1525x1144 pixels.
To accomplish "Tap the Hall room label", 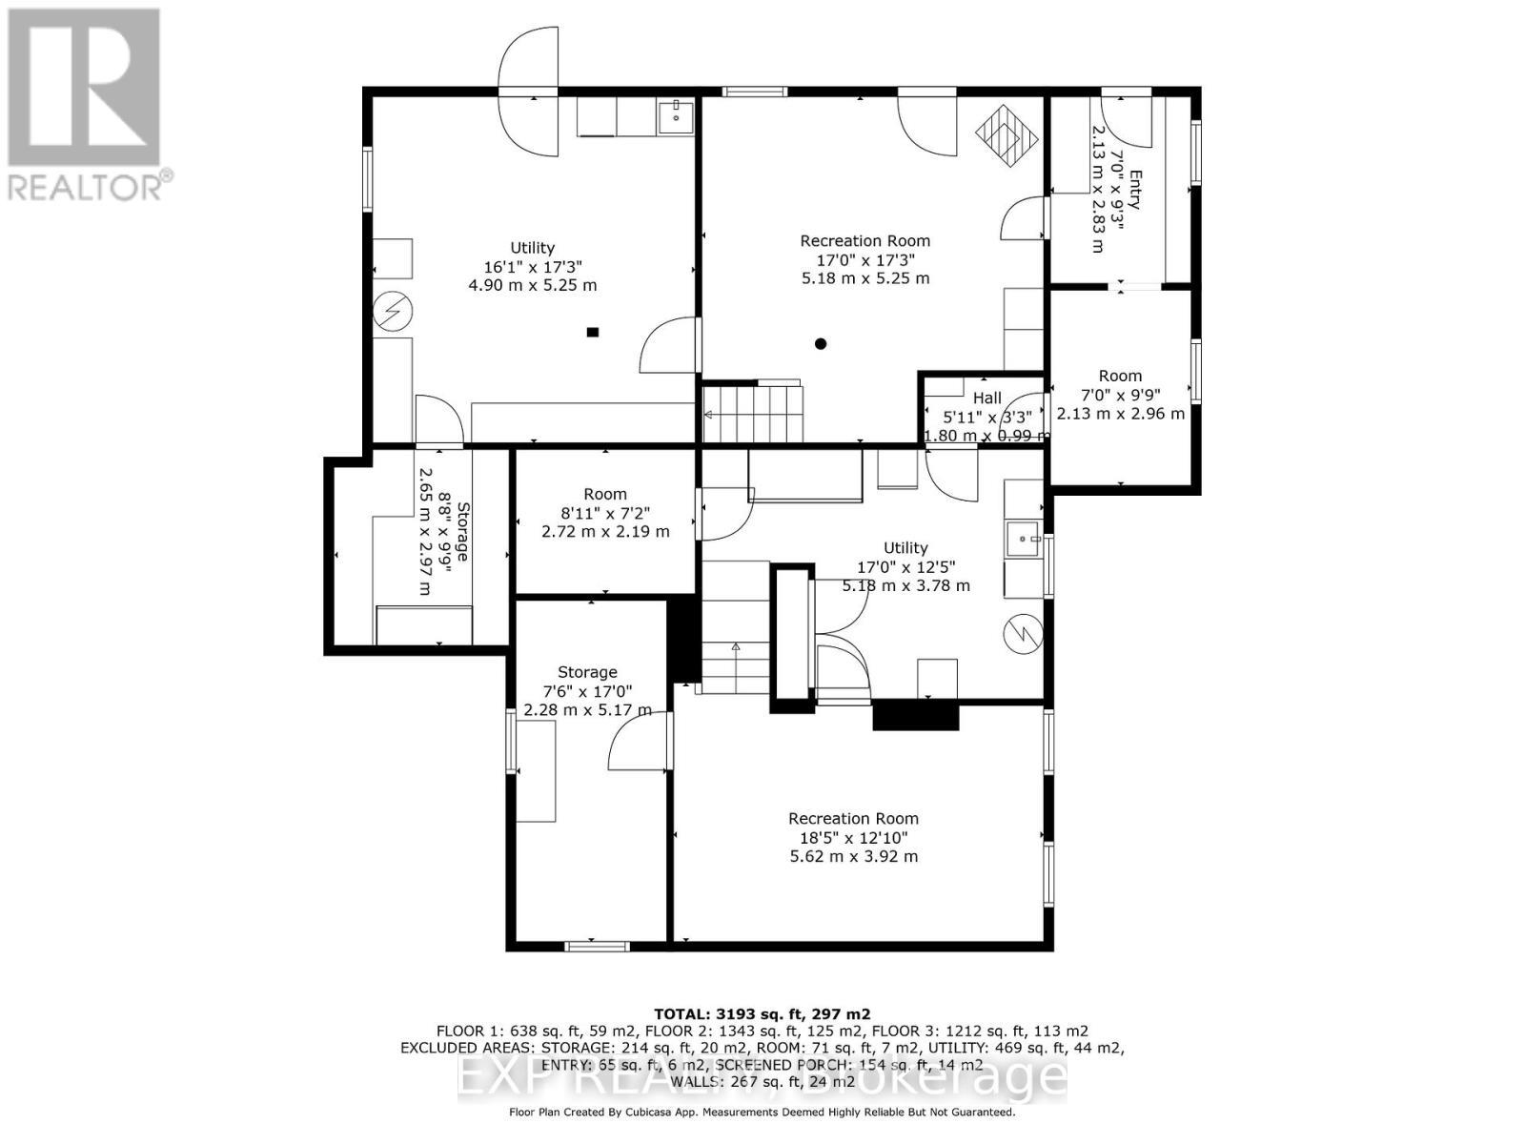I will [987, 398].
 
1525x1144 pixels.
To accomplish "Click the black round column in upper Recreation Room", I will [821, 344].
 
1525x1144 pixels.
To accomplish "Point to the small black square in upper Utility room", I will [592, 332].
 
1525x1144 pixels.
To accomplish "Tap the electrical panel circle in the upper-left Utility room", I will [392, 312].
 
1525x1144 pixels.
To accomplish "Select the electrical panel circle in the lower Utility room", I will [1024, 634].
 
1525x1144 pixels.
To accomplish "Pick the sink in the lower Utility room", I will [1024, 539].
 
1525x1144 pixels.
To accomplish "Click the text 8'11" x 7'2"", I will [604, 513].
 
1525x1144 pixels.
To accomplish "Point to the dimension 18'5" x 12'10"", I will [853, 838].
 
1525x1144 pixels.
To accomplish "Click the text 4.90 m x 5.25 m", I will [532, 285].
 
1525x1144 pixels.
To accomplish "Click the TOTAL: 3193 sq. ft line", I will [762, 1014].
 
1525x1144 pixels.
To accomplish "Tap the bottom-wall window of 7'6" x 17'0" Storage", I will [597, 946].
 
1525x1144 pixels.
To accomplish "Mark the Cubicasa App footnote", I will [762, 1112].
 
